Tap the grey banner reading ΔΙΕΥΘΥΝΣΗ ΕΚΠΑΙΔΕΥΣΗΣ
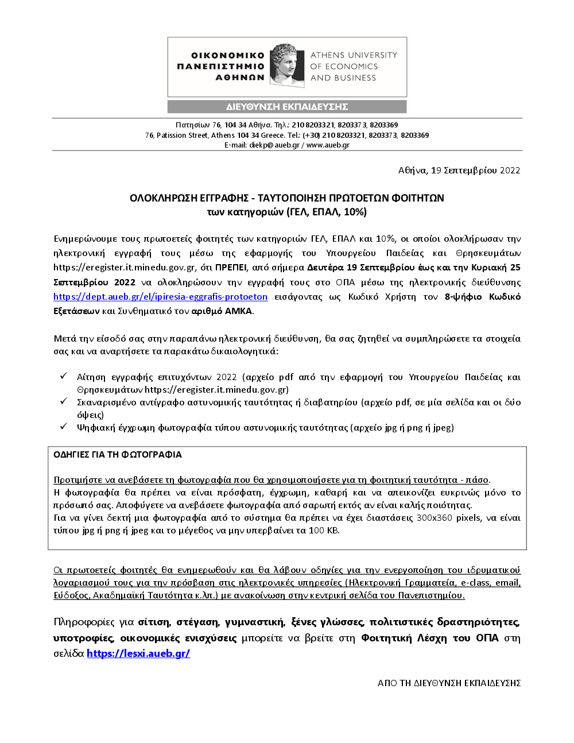[x=287, y=107]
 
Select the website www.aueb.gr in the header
[x=328, y=145]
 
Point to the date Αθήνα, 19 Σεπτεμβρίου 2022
[x=459, y=171]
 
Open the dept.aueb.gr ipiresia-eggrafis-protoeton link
[x=160, y=297]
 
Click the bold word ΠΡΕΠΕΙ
[x=231, y=268]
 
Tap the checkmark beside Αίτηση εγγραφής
[x=64, y=377]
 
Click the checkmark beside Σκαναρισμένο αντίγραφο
[x=64, y=402]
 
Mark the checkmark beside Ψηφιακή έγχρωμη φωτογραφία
[x=64, y=427]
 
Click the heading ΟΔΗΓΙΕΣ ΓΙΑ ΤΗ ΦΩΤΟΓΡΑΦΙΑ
[x=118, y=455]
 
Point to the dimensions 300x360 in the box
[x=433, y=518]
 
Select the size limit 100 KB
[x=324, y=531]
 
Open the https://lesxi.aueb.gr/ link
[x=138, y=653]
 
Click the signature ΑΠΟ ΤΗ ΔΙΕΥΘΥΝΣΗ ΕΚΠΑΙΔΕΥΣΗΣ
[x=449, y=683]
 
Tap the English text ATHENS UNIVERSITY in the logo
[x=354, y=55]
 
